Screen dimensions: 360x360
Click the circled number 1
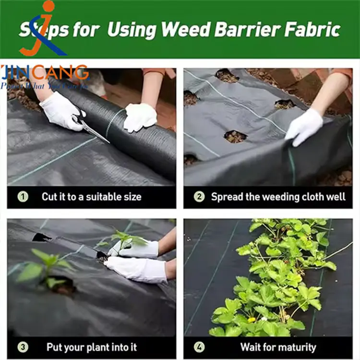tap(23, 196)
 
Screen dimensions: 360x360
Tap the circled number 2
tap(199, 196)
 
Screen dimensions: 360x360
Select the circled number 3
tap(23, 347)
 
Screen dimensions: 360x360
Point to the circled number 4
tap(199, 347)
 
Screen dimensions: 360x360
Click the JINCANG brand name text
tap(46, 73)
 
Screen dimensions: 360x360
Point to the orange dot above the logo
tap(49, 6)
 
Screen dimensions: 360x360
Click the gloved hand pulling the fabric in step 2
tap(303, 126)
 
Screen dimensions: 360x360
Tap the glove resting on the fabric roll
tap(140, 117)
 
